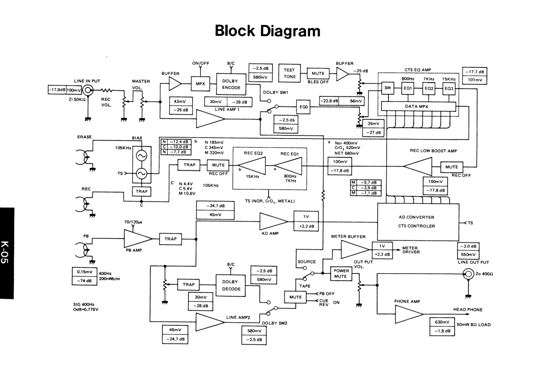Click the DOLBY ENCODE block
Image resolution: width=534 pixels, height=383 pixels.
[231, 84]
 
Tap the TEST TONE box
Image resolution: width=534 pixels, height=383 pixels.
[289, 73]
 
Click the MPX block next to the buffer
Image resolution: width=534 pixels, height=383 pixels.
[200, 84]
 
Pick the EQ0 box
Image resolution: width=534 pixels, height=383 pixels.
[303, 107]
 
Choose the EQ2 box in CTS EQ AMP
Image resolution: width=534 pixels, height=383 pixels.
[429, 88]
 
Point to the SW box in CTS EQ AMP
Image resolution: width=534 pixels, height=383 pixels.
[387, 88]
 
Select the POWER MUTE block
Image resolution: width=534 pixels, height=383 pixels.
[341, 274]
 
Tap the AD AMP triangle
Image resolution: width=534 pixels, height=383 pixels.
[272, 221]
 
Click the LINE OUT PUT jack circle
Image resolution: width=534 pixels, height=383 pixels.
[468, 274]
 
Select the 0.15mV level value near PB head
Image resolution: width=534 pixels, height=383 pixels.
[85, 272]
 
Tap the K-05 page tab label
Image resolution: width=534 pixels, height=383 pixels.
[6, 253]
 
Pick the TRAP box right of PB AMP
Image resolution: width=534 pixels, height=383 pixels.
[170, 239]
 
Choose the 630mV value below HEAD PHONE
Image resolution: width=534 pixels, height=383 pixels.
[442, 322]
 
